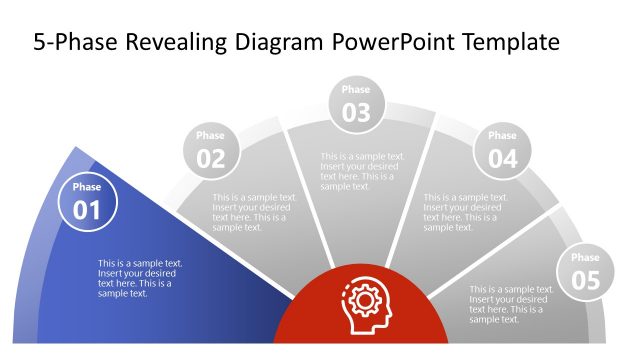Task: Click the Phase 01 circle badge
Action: [x=87, y=202]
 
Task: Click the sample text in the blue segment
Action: [x=140, y=278]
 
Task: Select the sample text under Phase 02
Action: [x=255, y=212]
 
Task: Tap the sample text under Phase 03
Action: [x=363, y=171]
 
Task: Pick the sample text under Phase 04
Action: [x=466, y=212]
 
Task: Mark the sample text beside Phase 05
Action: [x=511, y=304]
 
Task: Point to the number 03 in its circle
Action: [x=356, y=113]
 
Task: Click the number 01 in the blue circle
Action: [x=87, y=210]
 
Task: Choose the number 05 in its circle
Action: [x=585, y=281]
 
